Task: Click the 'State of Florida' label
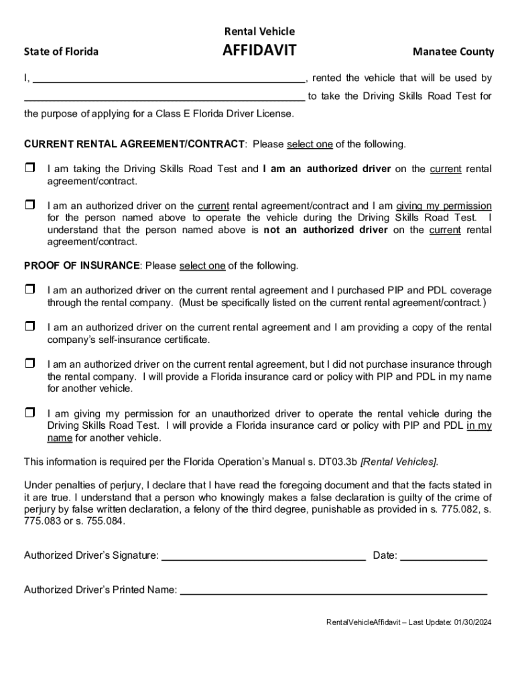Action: (61, 52)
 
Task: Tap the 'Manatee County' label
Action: (453, 52)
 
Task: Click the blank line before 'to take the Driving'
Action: (164, 96)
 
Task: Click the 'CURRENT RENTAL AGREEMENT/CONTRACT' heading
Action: (135, 144)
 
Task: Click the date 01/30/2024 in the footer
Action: (472, 622)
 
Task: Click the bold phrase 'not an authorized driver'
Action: (326, 230)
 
